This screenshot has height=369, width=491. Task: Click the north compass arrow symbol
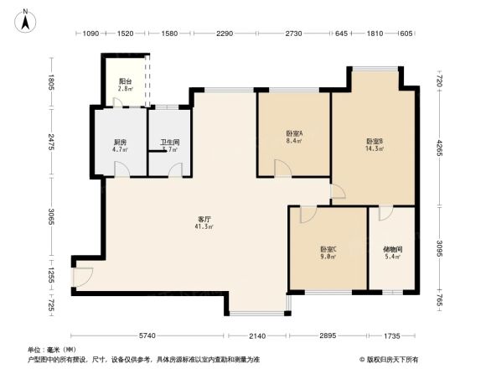tap(26, 19)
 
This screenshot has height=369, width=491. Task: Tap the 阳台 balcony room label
tap(124, 82)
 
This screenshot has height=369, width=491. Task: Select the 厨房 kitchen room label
tap(121, 141)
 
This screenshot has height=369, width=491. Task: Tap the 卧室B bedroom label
tap(374, 142)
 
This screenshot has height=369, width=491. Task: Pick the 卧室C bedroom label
tap(328, 249)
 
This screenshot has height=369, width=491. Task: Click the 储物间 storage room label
tap(392, 249)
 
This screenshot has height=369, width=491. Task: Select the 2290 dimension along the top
tap(224, 34)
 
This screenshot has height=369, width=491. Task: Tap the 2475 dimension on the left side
tap(51, 143)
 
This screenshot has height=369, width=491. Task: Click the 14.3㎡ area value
tap(374, 149)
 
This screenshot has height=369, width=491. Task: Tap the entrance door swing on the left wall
tap(81, 274)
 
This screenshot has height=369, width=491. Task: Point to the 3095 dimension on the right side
tap(437, 249)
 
